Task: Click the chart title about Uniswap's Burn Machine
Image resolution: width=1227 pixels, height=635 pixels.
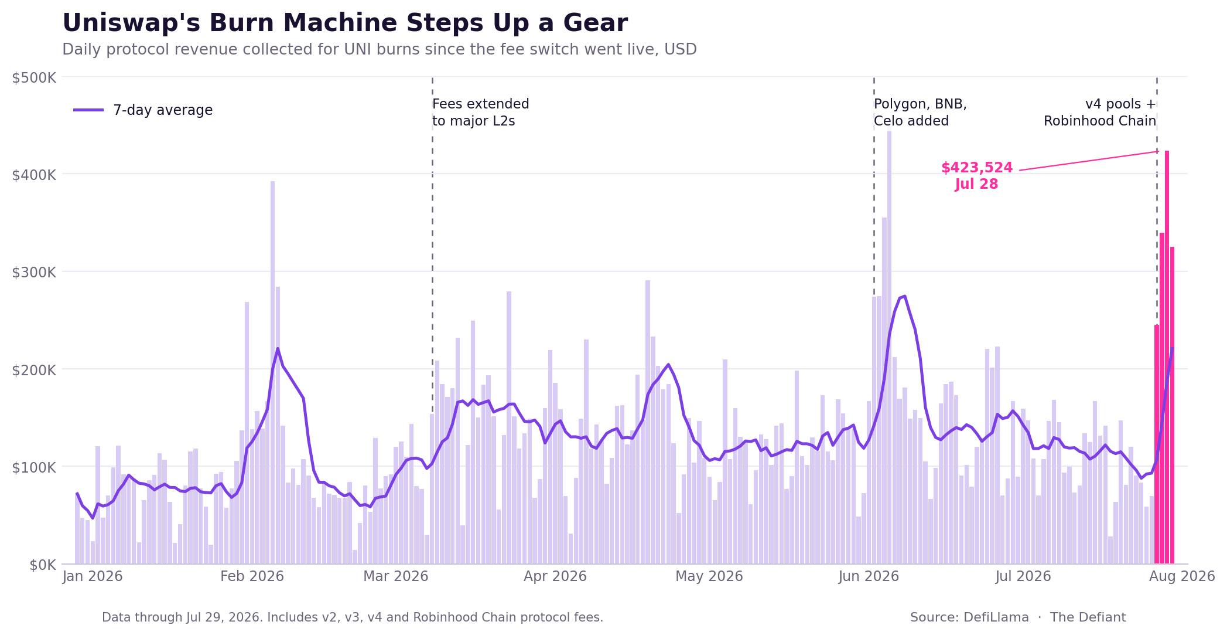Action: [x=345, y=23]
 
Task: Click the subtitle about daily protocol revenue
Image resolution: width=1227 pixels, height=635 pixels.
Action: [x=380, y=49]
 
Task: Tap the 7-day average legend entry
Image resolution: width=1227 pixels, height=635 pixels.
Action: [x=143, y=110]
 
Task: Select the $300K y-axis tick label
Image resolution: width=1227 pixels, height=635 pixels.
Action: [x=34, y=272]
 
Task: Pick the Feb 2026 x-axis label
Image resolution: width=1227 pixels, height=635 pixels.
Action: [x=252, y=576]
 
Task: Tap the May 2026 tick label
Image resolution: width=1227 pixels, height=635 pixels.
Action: [x=709, y=576]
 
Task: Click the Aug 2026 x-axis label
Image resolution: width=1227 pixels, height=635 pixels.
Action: [x=1182, y=576]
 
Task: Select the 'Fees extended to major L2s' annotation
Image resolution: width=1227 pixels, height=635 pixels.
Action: [x=481, y=113]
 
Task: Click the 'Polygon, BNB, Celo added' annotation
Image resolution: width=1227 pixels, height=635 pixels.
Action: [x=920, y=113]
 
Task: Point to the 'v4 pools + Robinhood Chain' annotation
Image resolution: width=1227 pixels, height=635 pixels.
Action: [x=1100, y=113]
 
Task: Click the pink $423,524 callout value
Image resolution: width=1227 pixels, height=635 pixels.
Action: [x=977, y=168]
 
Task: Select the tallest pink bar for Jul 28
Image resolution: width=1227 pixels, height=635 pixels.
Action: [x=1167, y=357]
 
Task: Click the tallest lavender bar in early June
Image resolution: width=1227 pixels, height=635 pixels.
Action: [x=889, y=348]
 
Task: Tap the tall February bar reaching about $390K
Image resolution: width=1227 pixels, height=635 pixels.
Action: [x=272, y=372]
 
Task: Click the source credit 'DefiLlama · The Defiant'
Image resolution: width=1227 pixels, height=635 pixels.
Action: [x=1018, y=617]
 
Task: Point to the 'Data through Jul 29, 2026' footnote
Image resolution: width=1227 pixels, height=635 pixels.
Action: [x=353, y=617]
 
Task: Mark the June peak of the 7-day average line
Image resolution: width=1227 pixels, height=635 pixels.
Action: [x=905, y=296]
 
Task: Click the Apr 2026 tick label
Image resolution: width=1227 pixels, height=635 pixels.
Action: [x=555, y=576]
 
